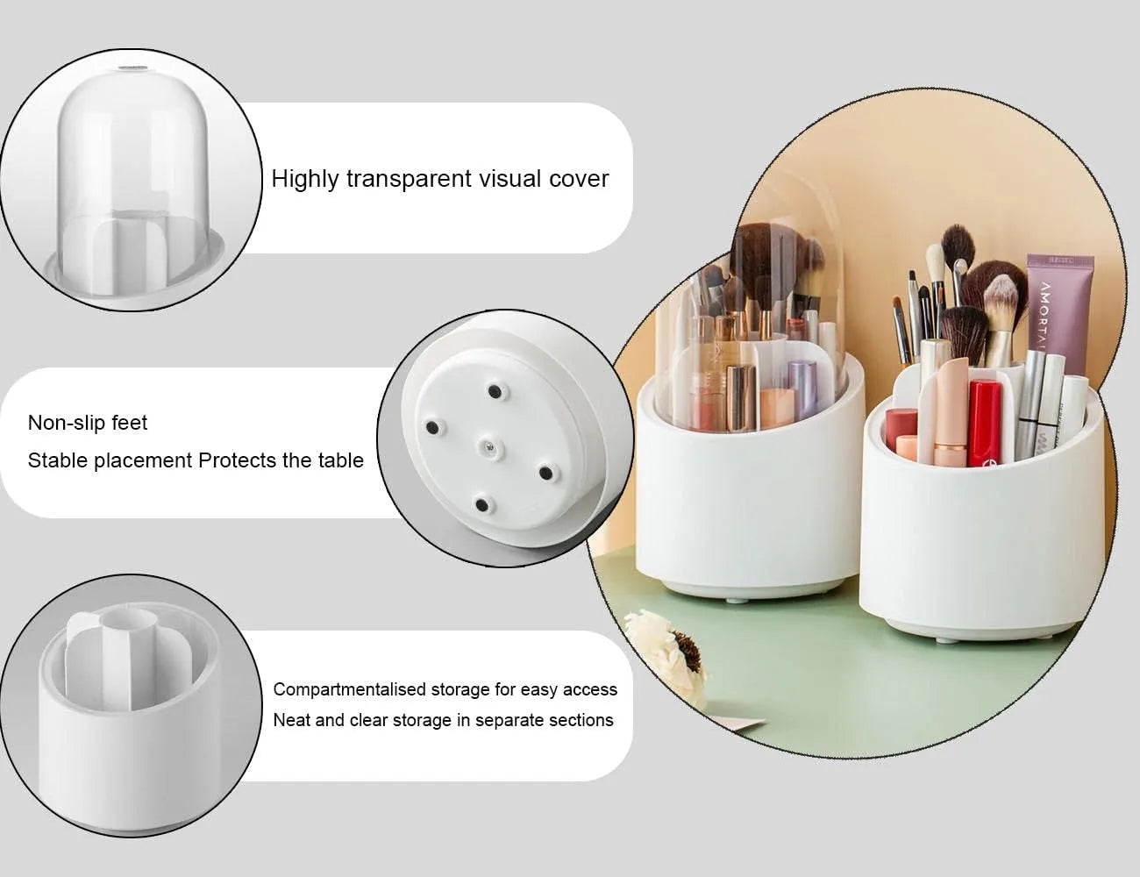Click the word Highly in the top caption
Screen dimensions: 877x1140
(x=305, y=179)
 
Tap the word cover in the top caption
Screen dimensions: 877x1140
(x=578, y=179)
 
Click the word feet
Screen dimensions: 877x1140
(x=129, y=423)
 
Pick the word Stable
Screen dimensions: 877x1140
(x=57, y=460)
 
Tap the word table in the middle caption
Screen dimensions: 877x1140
(x=341, y=460)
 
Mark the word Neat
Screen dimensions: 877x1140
(x=291, y=720)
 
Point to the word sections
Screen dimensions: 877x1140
(x=581, y=720)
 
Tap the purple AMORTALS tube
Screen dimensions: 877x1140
(x=1059, y=307)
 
